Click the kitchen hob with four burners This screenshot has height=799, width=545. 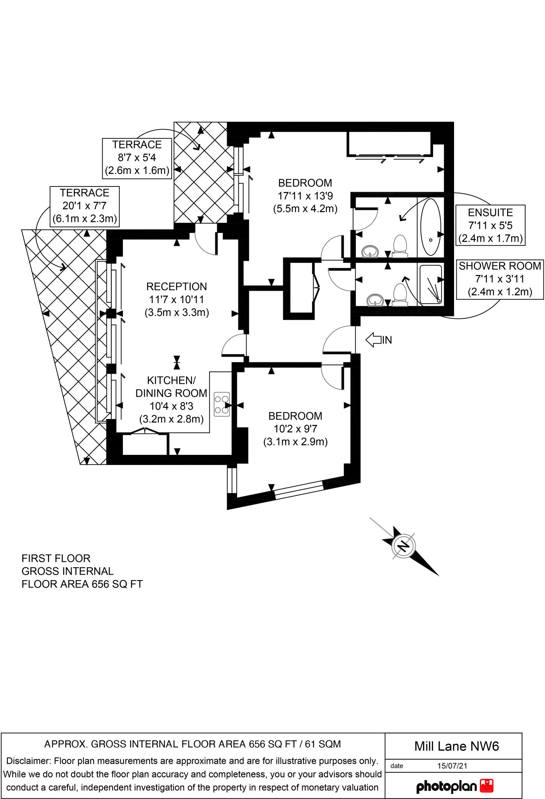(x=222, y=404)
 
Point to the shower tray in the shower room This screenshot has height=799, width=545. (x=431, y=284)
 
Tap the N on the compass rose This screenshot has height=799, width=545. (x=403, y=546)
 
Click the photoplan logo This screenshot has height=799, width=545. (x=455, y=786)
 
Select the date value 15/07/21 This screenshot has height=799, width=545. (x=452, y=765)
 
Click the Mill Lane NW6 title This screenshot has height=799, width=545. (x=456, y=746)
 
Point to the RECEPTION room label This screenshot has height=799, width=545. (x=176, y=287)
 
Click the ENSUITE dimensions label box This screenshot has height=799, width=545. (x=490, y=225)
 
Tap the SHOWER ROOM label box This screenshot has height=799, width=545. (x=500, y=279)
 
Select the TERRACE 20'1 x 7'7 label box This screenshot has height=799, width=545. (x=85, y=206)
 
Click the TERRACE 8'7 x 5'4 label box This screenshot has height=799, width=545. (x=137, y=158)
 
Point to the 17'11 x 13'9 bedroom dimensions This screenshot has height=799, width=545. (x=305, y=195)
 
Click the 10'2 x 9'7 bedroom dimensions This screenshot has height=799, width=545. (x=295, y=429)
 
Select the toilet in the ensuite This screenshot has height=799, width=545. (x=400, y=246)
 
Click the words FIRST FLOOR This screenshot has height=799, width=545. (x=56, y=558)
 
